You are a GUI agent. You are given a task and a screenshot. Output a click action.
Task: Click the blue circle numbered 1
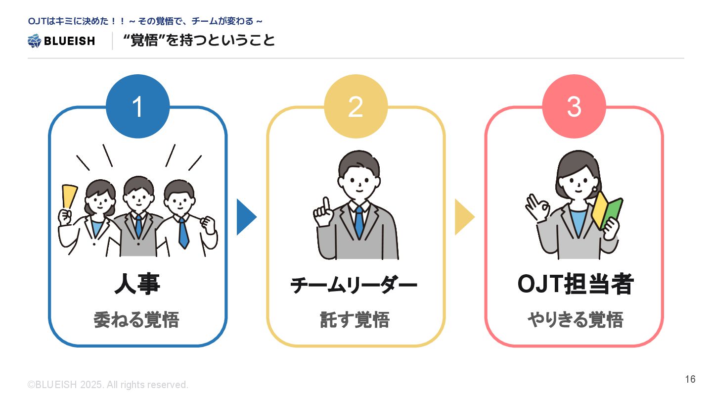click(x=137, y=106)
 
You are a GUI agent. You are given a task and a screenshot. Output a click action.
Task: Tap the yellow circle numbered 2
click(x=356, y=106)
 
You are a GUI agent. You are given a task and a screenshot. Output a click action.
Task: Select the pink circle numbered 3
click(x=574, y=106)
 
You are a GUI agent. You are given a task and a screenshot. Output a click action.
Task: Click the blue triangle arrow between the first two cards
click(x=245, y=217)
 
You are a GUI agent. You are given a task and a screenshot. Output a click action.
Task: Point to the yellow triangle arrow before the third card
click(x=463, y=217)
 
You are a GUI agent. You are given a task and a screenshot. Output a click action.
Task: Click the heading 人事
click(x=137, y=285)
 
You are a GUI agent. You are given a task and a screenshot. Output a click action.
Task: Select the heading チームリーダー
click(x=354, y=286)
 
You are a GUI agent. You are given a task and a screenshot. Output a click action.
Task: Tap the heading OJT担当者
click(x=576, y=285)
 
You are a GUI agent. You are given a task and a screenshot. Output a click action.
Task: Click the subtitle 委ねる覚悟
click(x=136, y=320)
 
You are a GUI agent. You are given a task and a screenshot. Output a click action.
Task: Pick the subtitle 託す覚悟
click(x=355, y=320)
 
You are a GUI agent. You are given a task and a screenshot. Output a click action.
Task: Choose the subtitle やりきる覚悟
click(x=575, y=320)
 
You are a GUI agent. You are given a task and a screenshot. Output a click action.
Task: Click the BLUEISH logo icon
click(x=34, y=41)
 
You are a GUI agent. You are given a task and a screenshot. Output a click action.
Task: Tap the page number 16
click(x=690, y=379)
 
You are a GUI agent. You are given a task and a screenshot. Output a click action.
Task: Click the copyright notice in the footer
click(x=108, y=385)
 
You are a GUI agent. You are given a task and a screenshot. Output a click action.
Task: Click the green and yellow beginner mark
click(x=607, y=210)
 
